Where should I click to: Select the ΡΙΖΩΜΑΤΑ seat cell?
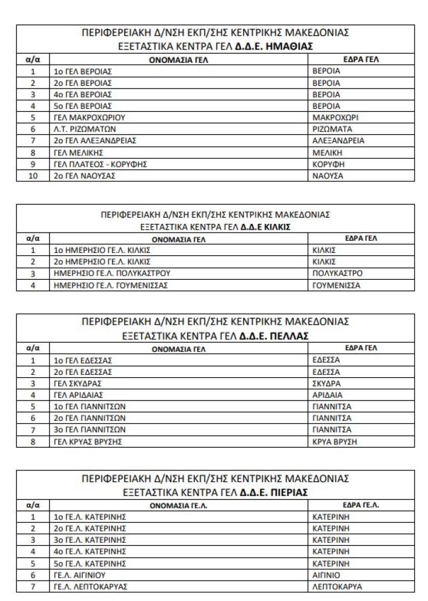tap(332, 129)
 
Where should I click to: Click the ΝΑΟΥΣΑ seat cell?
tap(328, 175)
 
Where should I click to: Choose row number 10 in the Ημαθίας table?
tap(33, 175)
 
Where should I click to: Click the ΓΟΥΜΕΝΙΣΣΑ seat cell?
tap(336, 285)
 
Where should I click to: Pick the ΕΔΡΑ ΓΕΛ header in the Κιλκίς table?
tap(361, 238)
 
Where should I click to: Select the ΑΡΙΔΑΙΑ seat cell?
tap(327, 395)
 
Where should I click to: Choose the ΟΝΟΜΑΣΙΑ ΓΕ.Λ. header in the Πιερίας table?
tap(178, 505)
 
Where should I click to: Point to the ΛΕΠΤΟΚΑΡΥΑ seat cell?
tap(336, 586)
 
